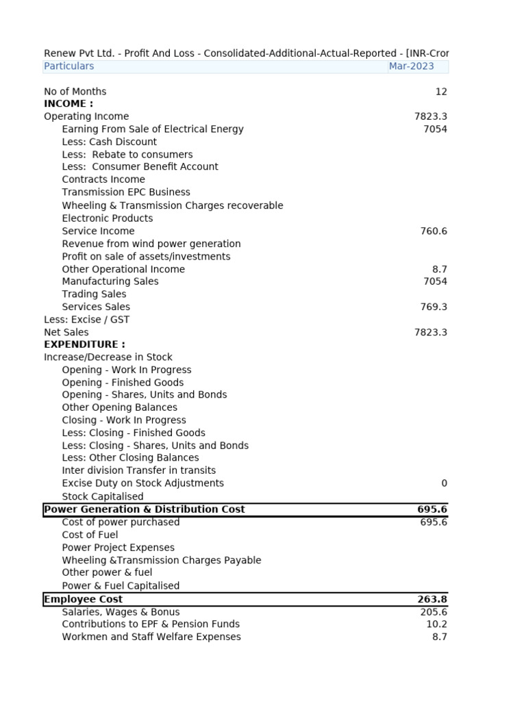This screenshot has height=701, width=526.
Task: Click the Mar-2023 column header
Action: pos(411,66)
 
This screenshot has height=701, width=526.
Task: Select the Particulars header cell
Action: pos(69,66)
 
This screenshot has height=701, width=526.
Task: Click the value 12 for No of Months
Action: pos(441,92)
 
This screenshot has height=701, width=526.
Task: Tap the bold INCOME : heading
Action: pos(68,104)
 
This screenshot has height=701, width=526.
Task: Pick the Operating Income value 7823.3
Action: pos(430,116)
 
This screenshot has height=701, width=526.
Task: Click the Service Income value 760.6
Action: pos(433,231)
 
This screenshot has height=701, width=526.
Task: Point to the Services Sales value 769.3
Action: pos(433,307)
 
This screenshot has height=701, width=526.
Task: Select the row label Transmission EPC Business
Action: pos(126,192)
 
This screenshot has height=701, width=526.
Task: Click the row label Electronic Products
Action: pos(108,218)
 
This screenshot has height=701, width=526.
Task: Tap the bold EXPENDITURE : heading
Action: pos(84,344)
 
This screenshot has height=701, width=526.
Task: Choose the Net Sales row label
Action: pos(66,333)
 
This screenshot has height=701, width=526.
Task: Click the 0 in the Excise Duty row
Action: pos(444,483)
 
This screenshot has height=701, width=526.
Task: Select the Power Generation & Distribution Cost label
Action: pos(144,509)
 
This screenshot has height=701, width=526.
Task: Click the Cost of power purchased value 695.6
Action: pos(433,522)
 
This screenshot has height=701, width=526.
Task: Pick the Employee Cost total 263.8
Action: pos(431,599)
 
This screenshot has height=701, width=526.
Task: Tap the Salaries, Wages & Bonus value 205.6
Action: pos(433,612)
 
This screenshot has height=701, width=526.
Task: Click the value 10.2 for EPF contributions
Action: pos(436,624)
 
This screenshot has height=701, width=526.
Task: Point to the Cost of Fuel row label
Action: pos(90,535)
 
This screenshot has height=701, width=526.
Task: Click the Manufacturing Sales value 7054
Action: pos(435,281)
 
